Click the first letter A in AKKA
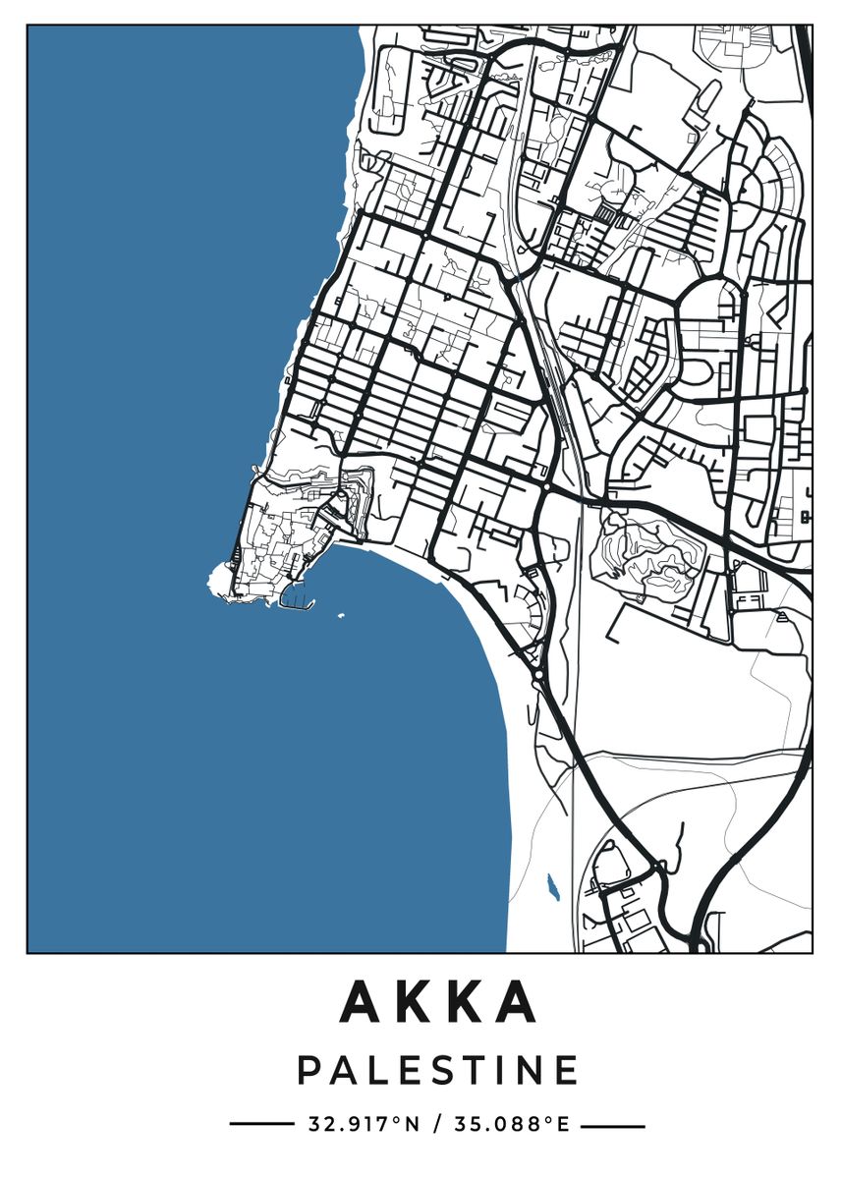363,1001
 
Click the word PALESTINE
438,1070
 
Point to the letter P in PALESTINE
309,1070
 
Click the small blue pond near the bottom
551,888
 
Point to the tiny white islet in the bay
341,616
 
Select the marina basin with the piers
294,594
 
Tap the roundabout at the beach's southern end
537,678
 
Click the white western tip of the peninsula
214,582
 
